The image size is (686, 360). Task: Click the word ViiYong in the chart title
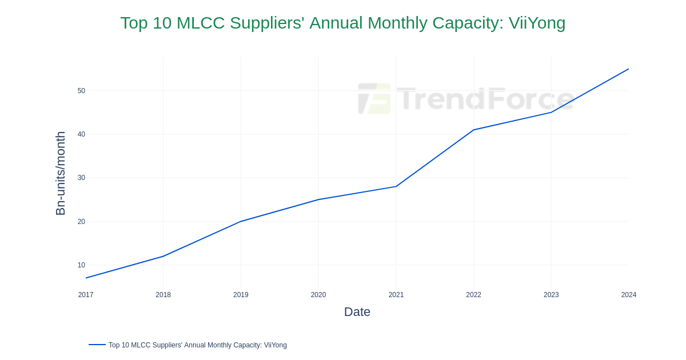(x=537, y=23)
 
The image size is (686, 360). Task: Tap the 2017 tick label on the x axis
(x=86, y=295)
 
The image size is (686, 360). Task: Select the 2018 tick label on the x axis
(x=163, y=295)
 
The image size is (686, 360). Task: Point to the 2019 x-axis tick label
(x=241, y=295)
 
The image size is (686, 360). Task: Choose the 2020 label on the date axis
(x=318, y=295)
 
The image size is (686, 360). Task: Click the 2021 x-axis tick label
(x=396, y=295)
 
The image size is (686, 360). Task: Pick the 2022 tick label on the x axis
(x=473, y=295)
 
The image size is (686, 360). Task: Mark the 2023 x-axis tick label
(x=551, y=295)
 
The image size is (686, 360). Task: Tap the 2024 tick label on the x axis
(x=629, y=295)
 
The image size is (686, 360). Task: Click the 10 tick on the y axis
(x=81, y=265)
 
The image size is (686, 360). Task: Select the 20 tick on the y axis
(x=81, y=222)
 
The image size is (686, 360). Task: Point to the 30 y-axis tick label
(x=81, y=178)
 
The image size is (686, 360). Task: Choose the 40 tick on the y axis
(x=81, y=134)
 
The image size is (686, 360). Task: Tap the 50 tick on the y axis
(x=81, y=91)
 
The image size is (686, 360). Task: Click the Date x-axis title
(x=357, y=312)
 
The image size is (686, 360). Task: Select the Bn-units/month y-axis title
(x=61, y=173)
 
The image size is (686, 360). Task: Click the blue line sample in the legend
(x=97, y=345)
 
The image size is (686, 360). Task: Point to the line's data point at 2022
(x=473, y=130)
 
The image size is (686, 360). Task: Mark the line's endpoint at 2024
(x=629, y=69)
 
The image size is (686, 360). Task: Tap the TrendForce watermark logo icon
(x=374, y=98)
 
